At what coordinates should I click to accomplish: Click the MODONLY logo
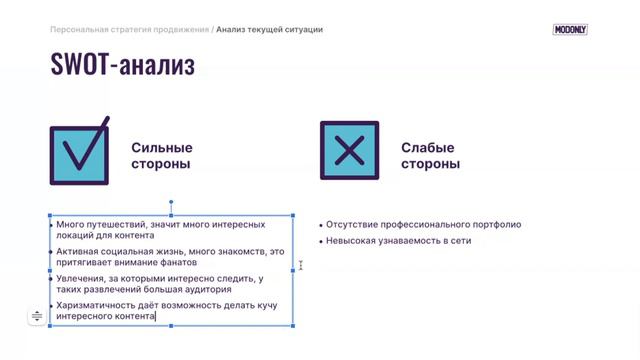(570, 30)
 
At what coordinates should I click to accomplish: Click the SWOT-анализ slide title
(122, 66)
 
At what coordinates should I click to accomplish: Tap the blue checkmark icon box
(80, 153)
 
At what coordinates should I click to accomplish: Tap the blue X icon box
(349, 152)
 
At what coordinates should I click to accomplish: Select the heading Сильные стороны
(161, 155)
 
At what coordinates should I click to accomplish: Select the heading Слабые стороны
(430, 155)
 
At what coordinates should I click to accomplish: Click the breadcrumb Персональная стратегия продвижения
(129, 30)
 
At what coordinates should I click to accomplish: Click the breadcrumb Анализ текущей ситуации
(269, 30)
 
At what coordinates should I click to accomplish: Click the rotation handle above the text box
(172, 202)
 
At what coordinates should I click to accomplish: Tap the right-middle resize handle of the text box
(294, 269)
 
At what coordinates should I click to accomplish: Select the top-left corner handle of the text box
(50, 214)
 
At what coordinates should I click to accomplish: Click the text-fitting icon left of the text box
(37, 316)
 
